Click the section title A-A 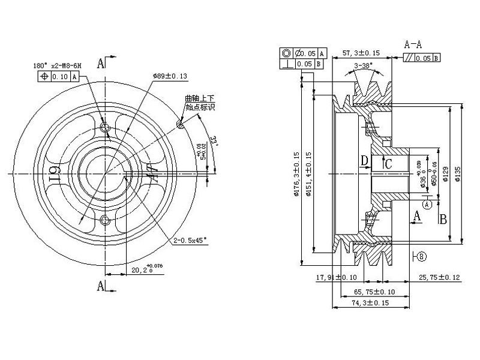coord(413,44)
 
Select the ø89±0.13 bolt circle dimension coord(170,76)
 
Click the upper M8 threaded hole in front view coord(106,128)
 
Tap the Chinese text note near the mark coord(200,103)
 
